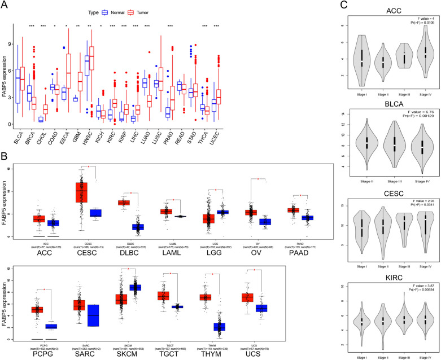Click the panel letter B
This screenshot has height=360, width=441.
click(5, 155)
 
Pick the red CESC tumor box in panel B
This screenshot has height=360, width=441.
click(82, 195)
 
